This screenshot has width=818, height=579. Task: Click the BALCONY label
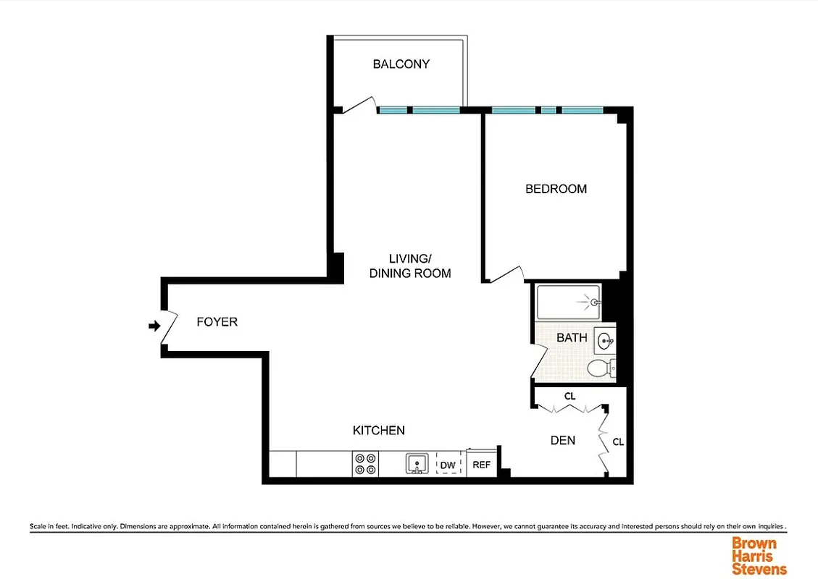(x=401, y=64)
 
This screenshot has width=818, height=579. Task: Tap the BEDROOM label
(x=556, y=189)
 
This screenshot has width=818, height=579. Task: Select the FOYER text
(x=217, y=321)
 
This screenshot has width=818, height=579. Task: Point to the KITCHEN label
(x=378, y=431)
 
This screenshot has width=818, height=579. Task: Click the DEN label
(x=562, y=440)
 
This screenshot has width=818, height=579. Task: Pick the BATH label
(x=572, y=338)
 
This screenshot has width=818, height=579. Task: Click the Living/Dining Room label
(x=410, y=266)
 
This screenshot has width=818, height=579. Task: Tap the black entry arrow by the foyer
(x=154, y=326)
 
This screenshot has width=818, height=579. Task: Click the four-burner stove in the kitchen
(x=364, y=463)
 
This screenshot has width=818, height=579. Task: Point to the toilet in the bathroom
(x=599, y=368)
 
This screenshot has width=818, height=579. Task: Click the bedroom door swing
(x=506, y=274)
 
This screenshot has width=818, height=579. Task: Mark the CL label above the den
(x=569, y=397)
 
